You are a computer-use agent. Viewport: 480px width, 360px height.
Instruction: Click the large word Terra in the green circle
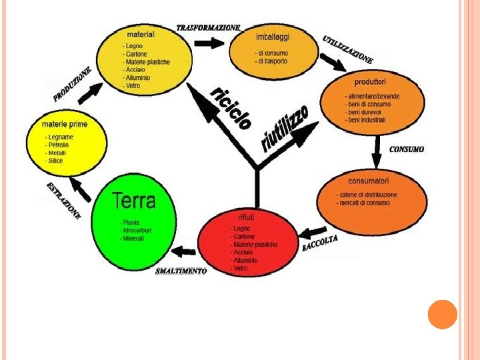133,200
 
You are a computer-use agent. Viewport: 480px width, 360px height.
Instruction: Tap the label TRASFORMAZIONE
208,28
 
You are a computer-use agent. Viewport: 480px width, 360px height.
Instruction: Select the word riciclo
231,107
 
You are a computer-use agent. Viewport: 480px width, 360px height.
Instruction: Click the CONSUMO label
407,149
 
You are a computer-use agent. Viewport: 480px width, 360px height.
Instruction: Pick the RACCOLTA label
320,243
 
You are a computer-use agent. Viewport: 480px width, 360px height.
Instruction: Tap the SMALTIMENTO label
181,271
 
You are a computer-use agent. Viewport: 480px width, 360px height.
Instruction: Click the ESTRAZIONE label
63,201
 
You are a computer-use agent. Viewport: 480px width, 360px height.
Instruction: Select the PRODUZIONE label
72,85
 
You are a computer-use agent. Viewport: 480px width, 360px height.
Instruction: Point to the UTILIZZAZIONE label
347,49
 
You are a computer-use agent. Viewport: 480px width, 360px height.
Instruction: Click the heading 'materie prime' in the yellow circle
64,124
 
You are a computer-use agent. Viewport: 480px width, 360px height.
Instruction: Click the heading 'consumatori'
368,181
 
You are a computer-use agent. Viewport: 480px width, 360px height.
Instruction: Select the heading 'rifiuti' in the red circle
245,218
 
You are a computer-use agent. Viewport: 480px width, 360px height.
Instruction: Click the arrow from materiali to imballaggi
209,43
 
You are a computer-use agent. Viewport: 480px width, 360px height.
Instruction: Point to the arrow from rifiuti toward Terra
183,252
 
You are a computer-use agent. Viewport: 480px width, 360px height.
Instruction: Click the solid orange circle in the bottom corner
442,314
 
